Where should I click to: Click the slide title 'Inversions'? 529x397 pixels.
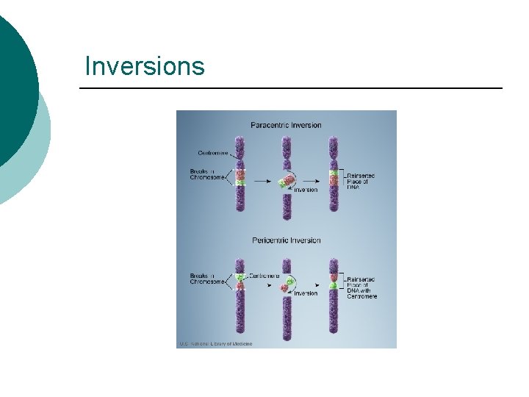pyautogui.click(x=145, y=66)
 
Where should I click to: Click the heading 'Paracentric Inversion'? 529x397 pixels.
pyautogui.click(x=286, y=125)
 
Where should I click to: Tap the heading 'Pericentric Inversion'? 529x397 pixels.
pyautogui.click(x=286, y=240)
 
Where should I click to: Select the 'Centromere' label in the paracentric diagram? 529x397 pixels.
pyautogui.click(x=212, y=153)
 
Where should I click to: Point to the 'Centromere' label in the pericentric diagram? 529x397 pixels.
pyautogui.click(x=264, y=276)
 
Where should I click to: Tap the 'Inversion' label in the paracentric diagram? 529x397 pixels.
pyautogui.click(x=306, y=190)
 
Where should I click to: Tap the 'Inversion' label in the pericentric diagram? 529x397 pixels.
pyautogui.click(x=306, y=293)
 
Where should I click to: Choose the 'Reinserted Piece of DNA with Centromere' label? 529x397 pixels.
pyautogui.click(x=361, y=287)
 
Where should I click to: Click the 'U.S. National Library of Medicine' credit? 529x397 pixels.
pyautogui.click(x=215, y=343)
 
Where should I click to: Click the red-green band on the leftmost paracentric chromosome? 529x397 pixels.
pyautogui.click(x=240, y=176)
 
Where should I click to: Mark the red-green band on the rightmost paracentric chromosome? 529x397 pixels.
pyautogui.click(x=334, y=177)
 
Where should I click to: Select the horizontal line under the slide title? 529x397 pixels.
pyautogui.click(x=291, y=89)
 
